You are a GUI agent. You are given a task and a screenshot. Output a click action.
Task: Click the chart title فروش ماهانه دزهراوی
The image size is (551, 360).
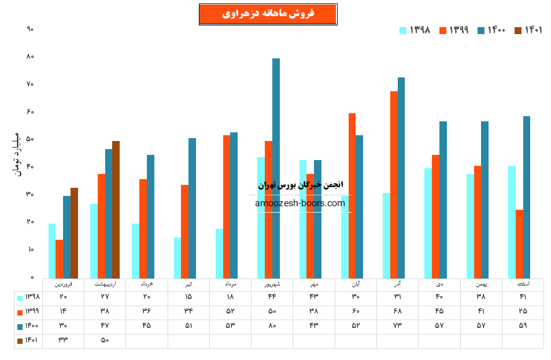click(268, 14)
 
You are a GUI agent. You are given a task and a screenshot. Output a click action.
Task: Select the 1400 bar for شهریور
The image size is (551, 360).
click(276, 168)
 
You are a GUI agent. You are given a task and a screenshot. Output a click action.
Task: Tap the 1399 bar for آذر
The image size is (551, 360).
click(394, 184)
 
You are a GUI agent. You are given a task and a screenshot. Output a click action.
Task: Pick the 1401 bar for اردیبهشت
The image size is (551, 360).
click(116, 209)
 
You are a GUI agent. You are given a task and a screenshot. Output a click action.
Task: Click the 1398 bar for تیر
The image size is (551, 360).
click(177, 257)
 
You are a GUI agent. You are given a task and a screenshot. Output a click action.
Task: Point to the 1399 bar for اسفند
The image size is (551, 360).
click(519, 243)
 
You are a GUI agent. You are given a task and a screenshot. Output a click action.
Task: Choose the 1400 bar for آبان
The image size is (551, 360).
click(359, 206)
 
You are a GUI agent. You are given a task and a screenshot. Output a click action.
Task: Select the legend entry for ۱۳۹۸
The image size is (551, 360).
click(415, 30)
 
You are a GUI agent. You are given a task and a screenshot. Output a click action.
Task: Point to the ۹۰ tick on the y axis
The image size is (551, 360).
click(30, 29)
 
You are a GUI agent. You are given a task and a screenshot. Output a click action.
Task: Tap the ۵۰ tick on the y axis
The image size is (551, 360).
click(30, 139)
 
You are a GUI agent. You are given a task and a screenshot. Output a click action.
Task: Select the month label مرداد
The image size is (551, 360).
click(230, 284)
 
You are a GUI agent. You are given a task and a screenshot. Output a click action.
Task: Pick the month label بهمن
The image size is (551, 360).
click(481, 284)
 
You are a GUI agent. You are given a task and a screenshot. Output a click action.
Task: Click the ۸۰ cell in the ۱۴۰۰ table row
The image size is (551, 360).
click(272, 326)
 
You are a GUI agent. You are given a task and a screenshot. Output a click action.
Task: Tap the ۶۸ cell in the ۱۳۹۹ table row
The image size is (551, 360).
click(398, 311)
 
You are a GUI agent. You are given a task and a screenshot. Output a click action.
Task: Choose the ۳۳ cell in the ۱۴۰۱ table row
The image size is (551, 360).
click(63, 340)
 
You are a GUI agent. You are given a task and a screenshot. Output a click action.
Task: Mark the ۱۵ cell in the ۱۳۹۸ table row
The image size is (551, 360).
click(188, 297)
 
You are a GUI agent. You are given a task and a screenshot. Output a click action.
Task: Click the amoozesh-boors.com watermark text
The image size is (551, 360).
click(299, 203)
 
